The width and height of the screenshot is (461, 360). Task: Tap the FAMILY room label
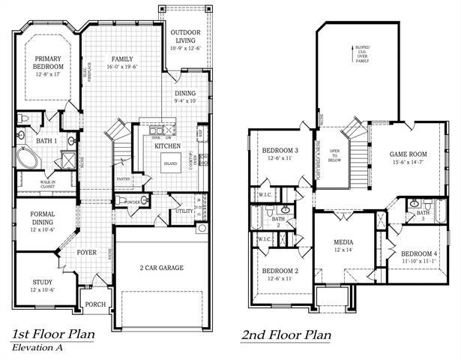tap(122, 58)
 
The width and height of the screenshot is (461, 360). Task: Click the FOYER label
tap(88, 252)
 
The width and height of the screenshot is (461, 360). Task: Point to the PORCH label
tap(95, 304)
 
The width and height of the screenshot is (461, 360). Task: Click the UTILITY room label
tap(183, 212)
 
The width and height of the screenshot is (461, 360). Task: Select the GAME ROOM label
tap(408, 153)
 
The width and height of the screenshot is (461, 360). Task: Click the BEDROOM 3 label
tap(280, 150)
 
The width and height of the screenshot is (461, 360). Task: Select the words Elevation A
tap(36, 348)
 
